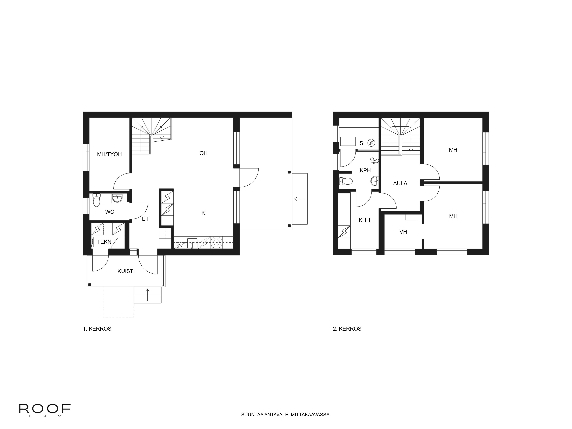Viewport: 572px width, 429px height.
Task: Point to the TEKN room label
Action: click(x=104, y=242)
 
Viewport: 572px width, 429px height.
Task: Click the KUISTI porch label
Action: click(x=126, y=271)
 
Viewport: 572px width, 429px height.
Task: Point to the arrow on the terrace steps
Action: click(x=300, y=199)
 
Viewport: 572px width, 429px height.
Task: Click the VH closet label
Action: click(x=403, y=232)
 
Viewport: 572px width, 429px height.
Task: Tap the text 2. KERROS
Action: click(x=347, y=329)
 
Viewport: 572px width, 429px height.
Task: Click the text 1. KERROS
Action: click(x=97, y=329)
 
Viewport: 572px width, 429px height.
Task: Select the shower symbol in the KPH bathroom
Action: click(x=374, y=161)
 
